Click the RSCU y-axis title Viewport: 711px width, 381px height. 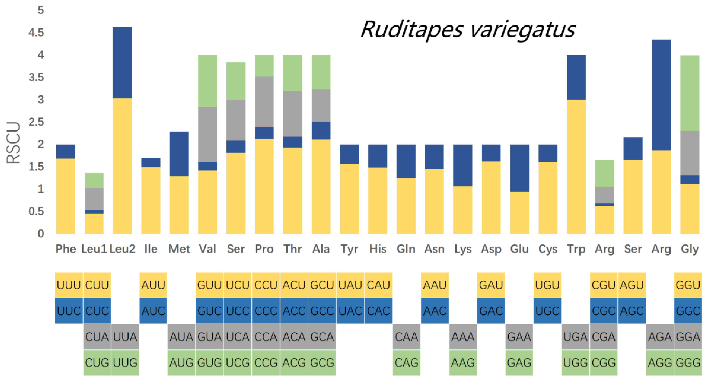[x=13, y=143]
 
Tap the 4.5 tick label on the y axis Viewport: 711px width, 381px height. [x=36, y=33]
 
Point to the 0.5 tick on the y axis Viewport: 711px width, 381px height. [x=36, y=212]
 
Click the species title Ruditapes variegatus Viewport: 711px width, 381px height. [x=468, y=30]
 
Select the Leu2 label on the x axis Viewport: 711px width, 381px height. [x=122, y=249]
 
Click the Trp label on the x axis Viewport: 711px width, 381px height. [x=576, y=249]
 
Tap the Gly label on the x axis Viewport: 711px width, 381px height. [x=689, y=249]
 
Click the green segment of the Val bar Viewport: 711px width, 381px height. [x=207, y=81]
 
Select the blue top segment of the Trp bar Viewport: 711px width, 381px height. [x=576, y=77]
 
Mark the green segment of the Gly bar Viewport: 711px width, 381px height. [x=689, y=93]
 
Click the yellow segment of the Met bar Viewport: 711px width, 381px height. [x=179, y=205]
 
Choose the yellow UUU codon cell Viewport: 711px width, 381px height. [x=69, y=285]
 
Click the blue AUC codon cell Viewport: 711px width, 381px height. [x=153, y=311]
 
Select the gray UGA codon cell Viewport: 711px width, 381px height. [x=575, y=337]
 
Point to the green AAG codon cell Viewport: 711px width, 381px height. [x=463, y=363]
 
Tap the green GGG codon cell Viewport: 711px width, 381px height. [x=688, y=363]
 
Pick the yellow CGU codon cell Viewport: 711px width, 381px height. [x=604, y=285]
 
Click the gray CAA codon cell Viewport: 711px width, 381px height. [x=407, y=337]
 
